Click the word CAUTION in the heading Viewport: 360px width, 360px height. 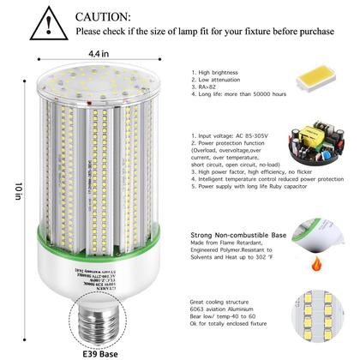pyautogui.click(x=104, y=16)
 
